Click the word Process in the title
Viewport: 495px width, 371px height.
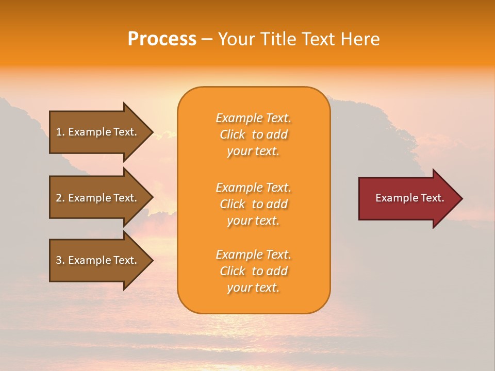tap(162, 39)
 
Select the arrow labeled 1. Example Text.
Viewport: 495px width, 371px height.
tap(98, 132)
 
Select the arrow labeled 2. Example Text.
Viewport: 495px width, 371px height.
tap(98, 198)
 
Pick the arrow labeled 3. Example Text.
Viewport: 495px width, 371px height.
tap(98, 260)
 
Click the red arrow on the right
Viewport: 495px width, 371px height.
tap(407, 198)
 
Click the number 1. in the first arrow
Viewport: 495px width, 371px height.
tap(60, 132)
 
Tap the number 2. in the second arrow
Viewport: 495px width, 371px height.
tap(60, 198)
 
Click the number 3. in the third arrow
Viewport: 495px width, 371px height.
tap(60, 260)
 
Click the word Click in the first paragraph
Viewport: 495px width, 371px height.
tap(233, 135)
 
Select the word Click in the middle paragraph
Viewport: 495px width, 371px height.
tap(233, 205)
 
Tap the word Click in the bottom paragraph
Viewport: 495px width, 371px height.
tap(233, 272)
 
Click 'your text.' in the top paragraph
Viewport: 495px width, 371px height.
tap(253, 151)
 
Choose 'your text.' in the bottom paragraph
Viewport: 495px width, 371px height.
tap(253, 288)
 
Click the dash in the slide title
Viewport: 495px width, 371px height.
tap(207, 40)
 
